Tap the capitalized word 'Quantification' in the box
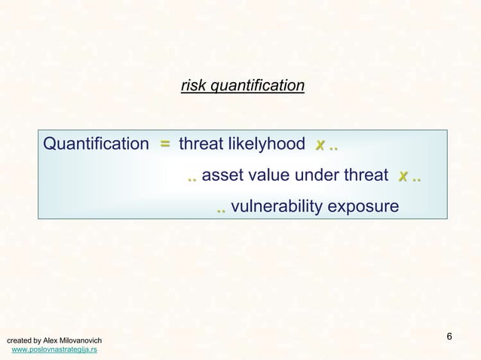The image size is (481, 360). point(97,144)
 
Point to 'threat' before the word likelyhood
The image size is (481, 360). point(202,144)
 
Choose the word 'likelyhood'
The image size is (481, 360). point(268,144)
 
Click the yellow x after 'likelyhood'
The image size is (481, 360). point(320,144)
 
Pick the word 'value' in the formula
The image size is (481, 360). point(265,176)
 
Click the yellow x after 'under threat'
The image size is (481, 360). point(404,176)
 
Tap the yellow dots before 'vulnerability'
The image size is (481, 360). point(220,209)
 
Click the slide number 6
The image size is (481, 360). point(449,335)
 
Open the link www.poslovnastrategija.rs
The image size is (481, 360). point(54,350)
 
